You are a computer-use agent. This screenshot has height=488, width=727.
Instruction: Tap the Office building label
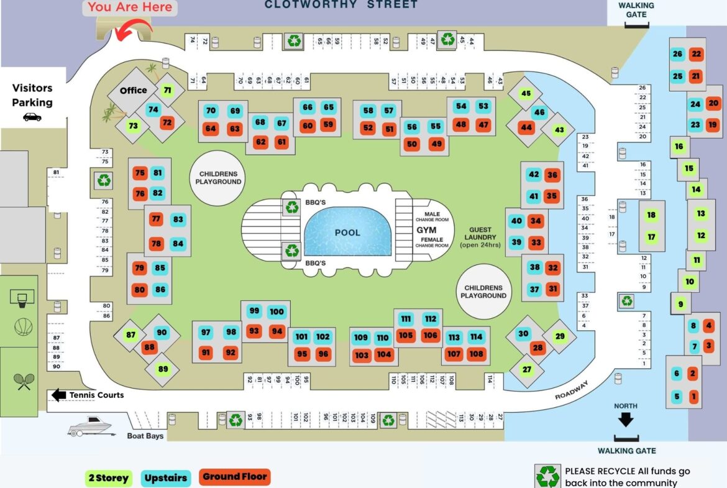coord(134,91)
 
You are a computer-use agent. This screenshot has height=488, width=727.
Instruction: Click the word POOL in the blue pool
coord(347,232)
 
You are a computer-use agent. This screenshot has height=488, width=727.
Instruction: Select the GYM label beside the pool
coord(426,230)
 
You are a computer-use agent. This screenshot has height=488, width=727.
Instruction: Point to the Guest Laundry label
coord(480,237)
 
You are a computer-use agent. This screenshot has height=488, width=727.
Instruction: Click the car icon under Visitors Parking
coord(32,117)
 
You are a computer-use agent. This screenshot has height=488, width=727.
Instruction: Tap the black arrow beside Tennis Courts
coord(59,395)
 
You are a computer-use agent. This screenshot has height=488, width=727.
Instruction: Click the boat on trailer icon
coord(91,426)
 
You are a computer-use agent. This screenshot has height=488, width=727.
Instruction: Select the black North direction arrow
coord(626,420)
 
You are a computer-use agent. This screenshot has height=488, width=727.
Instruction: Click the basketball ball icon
coord(23,327)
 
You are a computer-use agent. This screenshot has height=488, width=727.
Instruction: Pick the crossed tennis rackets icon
coord(24,382)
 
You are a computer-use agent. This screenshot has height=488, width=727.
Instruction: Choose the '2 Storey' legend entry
coord(109,478)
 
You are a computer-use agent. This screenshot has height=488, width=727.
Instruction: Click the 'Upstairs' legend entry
coord(165,478)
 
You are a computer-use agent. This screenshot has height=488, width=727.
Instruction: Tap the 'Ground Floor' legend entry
coord(235,477)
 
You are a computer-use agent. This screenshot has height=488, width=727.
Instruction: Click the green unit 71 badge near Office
coord(167,91)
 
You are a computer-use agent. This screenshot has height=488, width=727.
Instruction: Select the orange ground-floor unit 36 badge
coord(552,175)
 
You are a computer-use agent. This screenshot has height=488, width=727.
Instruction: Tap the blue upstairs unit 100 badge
coord(277,311)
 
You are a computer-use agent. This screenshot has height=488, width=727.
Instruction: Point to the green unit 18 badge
coord(651,214)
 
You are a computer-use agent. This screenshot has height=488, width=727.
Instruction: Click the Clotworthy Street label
coord(341,4)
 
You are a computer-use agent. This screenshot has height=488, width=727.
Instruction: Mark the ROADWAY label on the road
coord(572,390)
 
